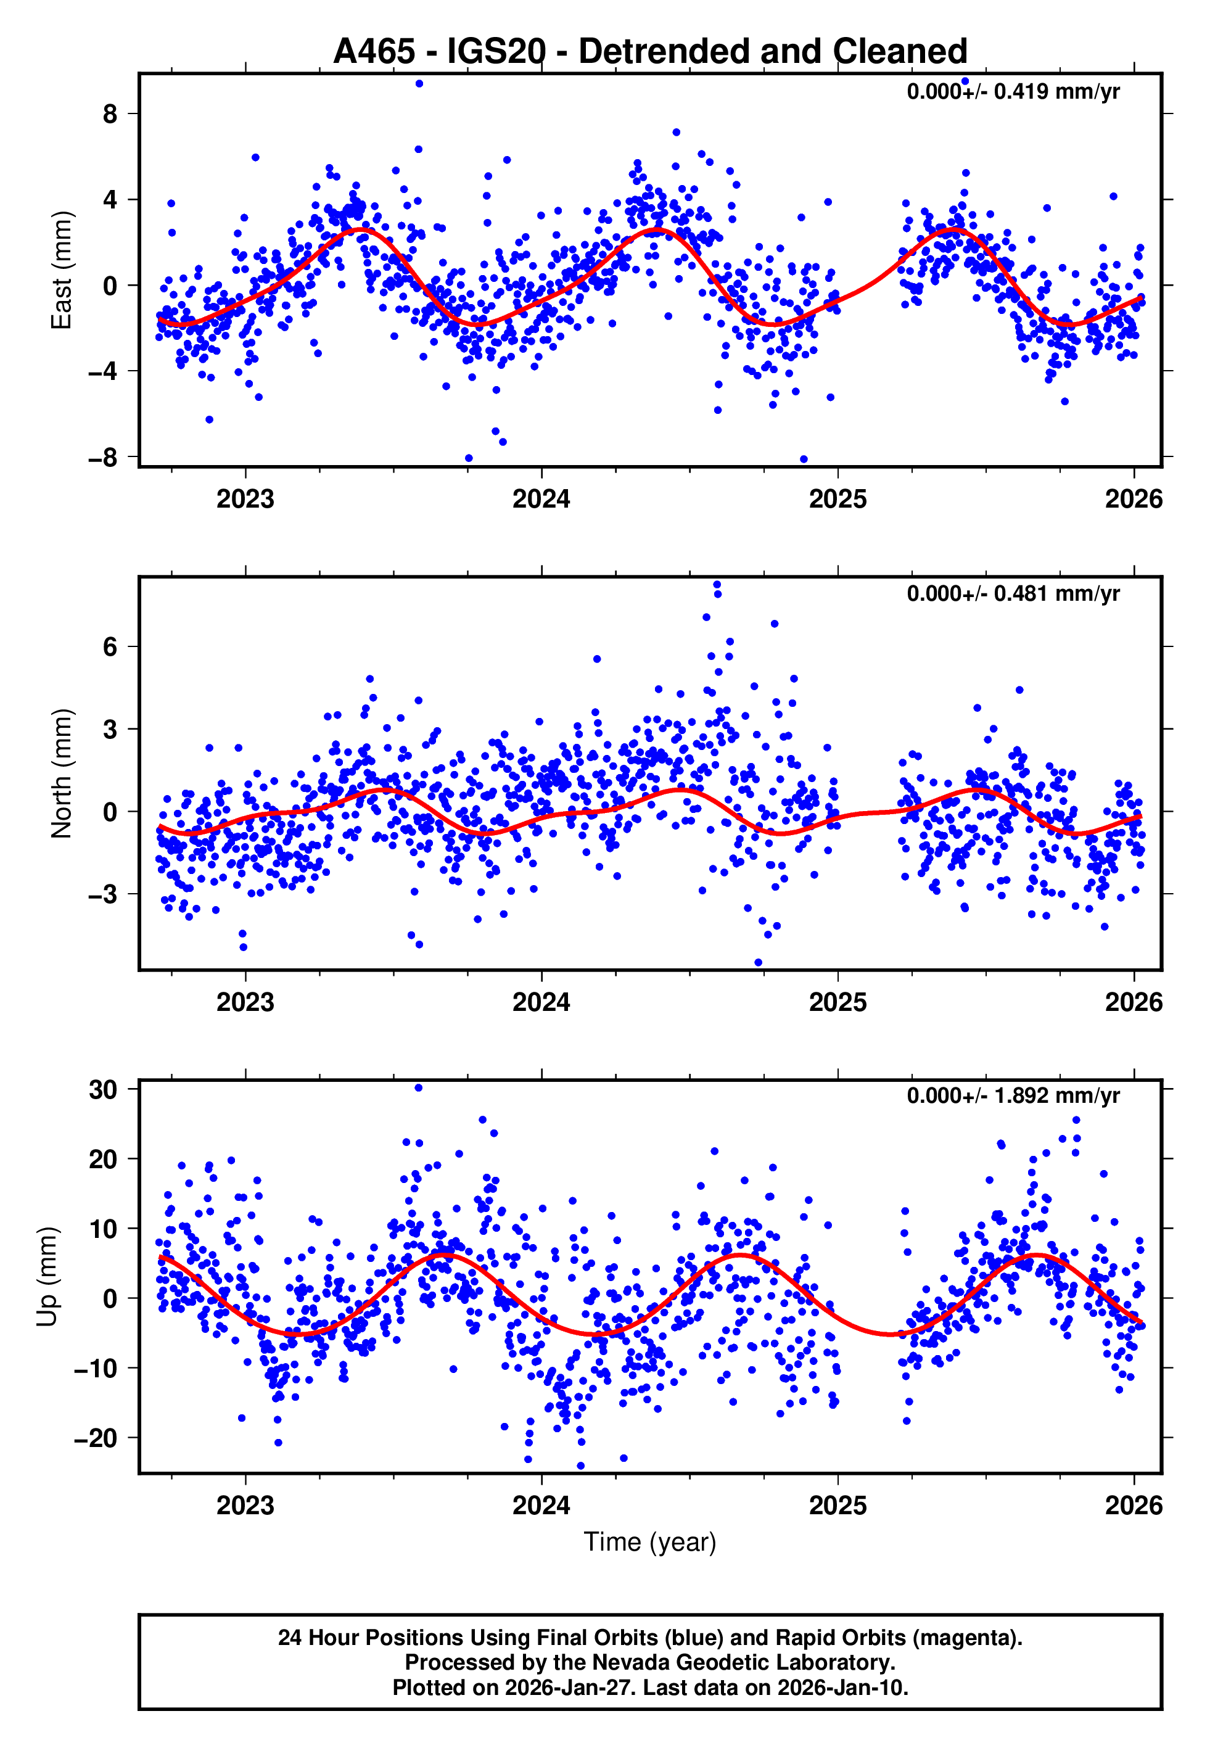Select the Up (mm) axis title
click(47, 1277)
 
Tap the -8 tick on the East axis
click(103, 458)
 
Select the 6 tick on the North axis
click(110, 646)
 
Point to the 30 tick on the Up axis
click(103, 1090)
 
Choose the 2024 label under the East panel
click(541, 500)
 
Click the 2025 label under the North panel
click(838, 1002)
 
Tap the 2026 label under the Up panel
click(1134, 1505)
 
